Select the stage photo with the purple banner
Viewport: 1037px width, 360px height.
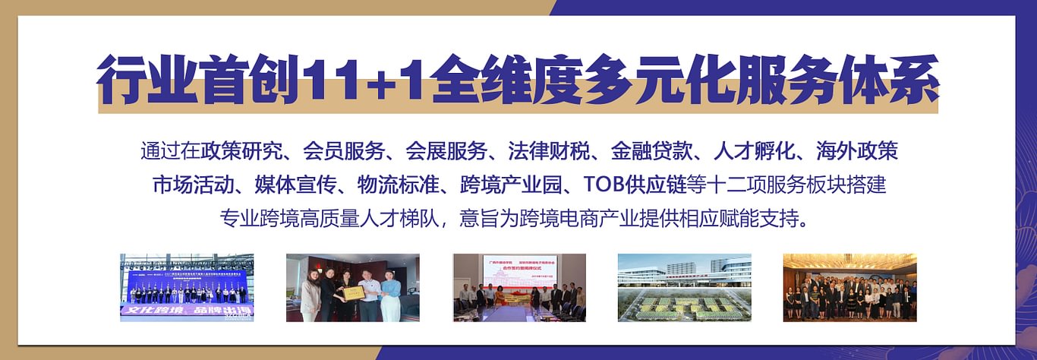pyautogui.click(x=187, y=287)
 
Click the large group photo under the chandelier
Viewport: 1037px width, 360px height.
pyautogui.click(x=849, y=287)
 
